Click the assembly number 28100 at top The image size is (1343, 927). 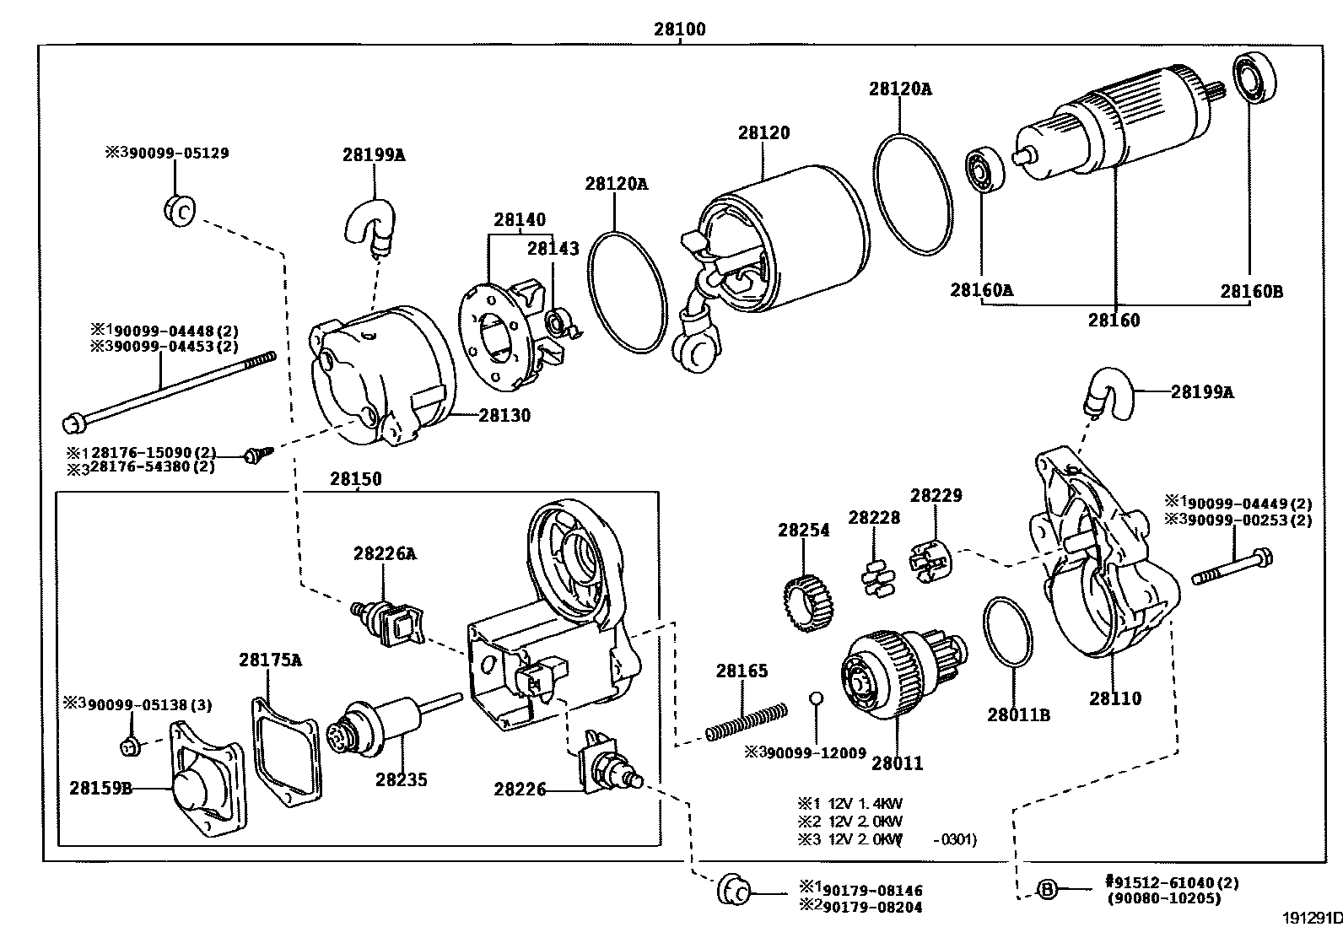[x=679, y=29]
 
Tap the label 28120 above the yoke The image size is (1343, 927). [x=763, y=132]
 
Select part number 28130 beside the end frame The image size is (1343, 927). [x=504, y=415]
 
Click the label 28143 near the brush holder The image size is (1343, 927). [x=553, y=248]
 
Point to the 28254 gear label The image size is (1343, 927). [x=803, y=530]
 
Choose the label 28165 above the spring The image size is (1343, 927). [x=742, y=671]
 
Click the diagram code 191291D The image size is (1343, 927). [x=1312, y=918]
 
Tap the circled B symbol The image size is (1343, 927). [x=1047, y=889]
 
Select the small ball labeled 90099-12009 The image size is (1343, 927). [x=816, y=698]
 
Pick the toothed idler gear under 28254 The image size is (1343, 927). [x=807, y=602]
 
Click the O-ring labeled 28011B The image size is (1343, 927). [x=1008, y=631]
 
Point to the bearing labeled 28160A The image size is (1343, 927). [x=985, y=170]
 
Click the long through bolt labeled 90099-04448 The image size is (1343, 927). [x=169, y=391]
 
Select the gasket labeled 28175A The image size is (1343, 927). [x=286, y=752]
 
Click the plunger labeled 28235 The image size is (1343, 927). [x=394, y=727]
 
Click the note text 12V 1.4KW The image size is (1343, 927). [x=865, y=804]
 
